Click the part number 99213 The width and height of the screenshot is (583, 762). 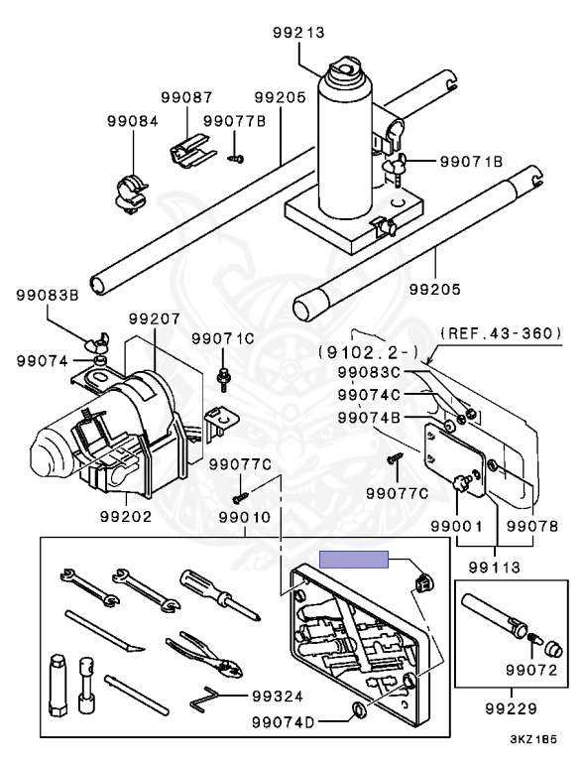(x=297, y=33)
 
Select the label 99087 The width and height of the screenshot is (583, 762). (x=187, y=97)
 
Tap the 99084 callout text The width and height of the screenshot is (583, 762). (x=133, y=121)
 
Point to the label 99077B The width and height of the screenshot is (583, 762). (x=235, y=121)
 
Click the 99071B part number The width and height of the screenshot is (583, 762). (x=471, y=161)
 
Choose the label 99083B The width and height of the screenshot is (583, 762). (x=48, y=295)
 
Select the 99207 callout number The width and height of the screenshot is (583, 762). (x=155, y=318)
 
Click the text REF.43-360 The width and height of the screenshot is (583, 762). (x=501, y=333)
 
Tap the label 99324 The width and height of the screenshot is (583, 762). (x=278, y=697)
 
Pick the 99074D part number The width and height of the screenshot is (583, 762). (x=284, y=722)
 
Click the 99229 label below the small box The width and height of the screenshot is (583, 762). (x=511, y=708)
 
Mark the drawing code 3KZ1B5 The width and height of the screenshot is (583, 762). (x=533, y=739)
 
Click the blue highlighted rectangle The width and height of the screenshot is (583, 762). (x=354, y=560)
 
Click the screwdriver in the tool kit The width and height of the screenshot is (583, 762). (x=222, y=595)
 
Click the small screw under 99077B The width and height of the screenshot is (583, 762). (x=236, y=158)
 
